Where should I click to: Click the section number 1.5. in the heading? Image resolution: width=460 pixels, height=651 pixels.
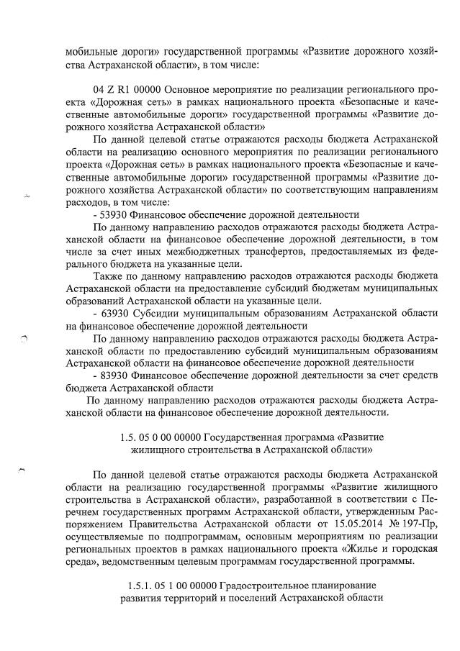(x=125, y=437)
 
